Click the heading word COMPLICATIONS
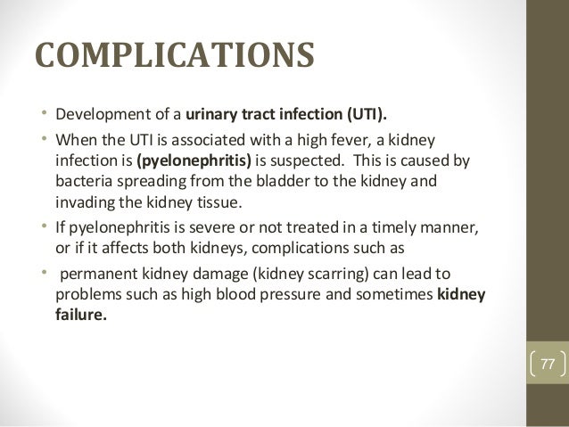tap(174, 53)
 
